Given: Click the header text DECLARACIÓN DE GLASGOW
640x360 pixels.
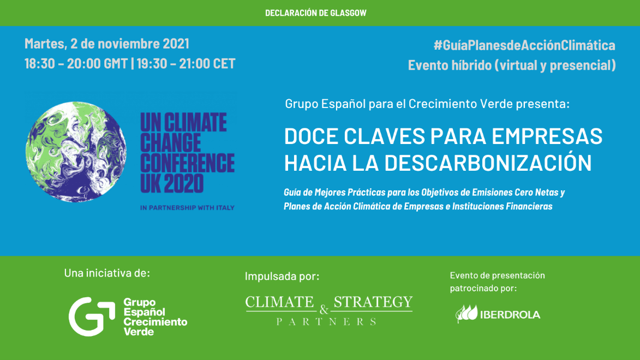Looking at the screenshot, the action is coord(316,13).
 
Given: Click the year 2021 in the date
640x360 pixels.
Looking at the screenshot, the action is coord(176,43).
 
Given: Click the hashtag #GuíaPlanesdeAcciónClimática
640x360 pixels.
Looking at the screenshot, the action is coord(524,45).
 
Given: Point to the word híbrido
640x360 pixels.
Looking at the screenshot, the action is coord(472,65).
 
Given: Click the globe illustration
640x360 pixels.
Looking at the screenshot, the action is coord(76,152).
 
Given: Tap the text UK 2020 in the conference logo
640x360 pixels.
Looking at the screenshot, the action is coord(172,183).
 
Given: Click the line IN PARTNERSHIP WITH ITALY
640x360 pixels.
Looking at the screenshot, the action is coord(187,208).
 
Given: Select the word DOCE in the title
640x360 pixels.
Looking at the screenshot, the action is coord(312,136).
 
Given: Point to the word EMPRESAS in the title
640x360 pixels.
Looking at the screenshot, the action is coord(547,136).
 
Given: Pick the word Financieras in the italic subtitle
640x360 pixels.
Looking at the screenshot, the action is coord(529,207).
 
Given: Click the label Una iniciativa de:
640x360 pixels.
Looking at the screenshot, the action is coord(107,273).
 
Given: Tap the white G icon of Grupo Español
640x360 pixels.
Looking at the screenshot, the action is coord(92,317).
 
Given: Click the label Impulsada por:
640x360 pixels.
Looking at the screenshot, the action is coord(282,277).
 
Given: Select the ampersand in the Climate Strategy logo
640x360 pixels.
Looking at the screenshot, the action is coord(324,310).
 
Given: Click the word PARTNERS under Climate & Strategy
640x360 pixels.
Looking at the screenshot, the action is coord(326,322).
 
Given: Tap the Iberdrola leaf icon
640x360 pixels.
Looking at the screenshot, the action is coord(466,314).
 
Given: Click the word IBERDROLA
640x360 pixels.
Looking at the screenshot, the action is coord(510,315).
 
